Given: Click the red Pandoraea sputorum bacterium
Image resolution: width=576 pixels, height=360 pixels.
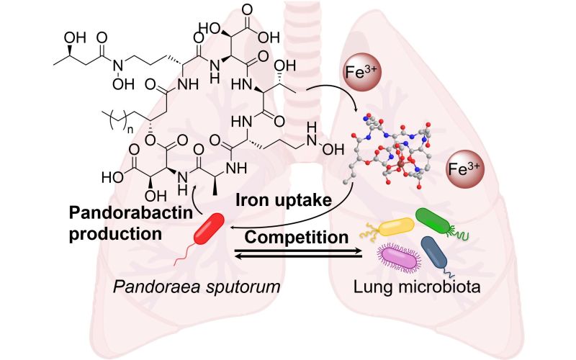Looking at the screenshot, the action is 209,228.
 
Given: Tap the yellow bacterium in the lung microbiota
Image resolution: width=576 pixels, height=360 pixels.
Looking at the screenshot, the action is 397,227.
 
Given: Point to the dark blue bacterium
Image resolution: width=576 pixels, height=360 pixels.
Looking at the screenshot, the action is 434,253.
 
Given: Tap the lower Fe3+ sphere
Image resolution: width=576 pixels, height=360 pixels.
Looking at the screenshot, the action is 464,169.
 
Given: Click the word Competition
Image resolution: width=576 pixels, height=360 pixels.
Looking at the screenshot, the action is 297,237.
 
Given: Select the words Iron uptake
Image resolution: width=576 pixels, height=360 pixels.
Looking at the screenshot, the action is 283,200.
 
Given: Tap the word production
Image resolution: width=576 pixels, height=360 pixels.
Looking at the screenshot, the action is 115,233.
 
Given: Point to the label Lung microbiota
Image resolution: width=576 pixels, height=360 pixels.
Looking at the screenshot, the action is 417,287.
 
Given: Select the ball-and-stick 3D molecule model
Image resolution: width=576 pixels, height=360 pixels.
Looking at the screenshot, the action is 391,150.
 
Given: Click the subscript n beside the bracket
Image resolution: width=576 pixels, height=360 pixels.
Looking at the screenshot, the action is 130,129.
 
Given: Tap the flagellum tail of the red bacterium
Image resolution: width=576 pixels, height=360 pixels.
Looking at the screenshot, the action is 186,253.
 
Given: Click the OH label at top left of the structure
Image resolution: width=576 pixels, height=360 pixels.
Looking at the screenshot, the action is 75,37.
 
